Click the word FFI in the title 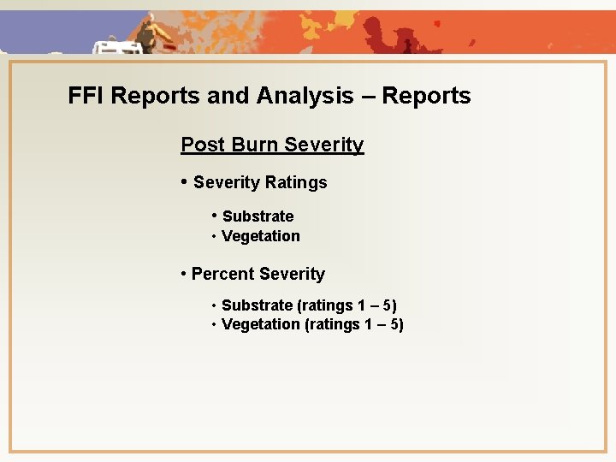pos(86,96)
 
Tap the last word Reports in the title pos(426,96)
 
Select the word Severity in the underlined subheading pos(324,145)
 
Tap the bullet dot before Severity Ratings pos(185,181)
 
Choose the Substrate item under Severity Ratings pos(258,216)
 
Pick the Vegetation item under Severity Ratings pos(260,236)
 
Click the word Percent pos(222,275)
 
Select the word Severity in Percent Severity pos(292,275)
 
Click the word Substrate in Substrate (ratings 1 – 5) pos(257,305)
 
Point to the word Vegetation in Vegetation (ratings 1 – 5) pos(260,324)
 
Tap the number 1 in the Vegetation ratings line pos(365,324)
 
